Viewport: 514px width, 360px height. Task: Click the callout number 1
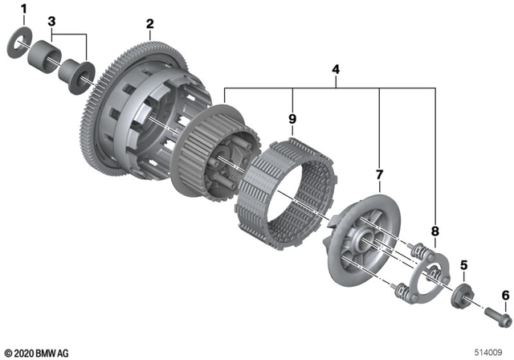[x=23, y=9]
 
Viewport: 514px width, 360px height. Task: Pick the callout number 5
[x=463, y=264]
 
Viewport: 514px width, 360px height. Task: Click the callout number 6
[x=505, y=296]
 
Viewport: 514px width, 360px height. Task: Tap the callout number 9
[x=294, y=121]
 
